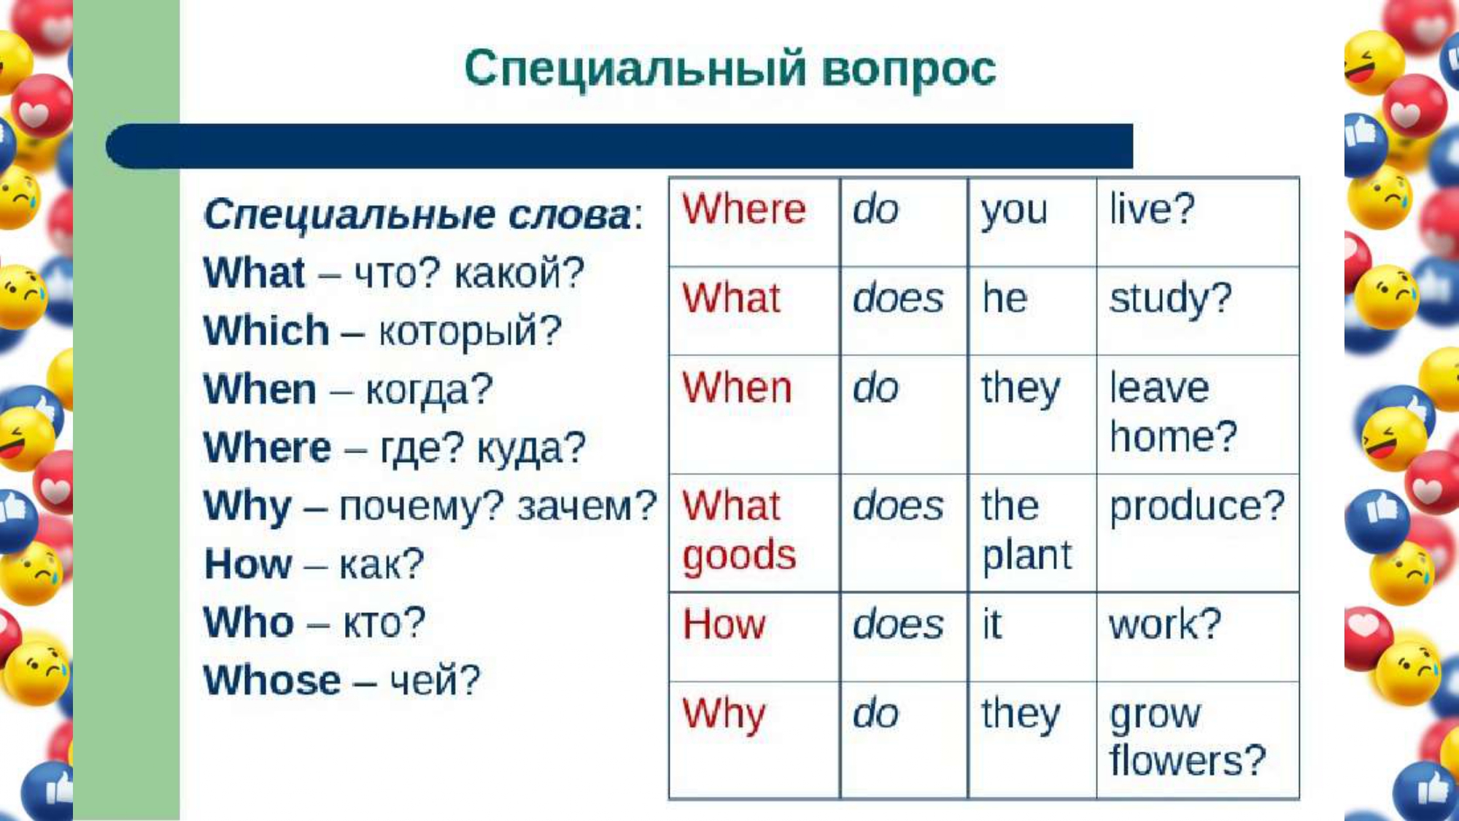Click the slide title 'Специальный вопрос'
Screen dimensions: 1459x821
click(730, 69)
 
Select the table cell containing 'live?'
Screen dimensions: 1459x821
click(1198, 222)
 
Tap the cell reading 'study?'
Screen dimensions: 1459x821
click(1198, 311)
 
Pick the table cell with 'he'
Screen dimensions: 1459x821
click(1032, 311)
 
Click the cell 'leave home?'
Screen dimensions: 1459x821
click(1198, 415)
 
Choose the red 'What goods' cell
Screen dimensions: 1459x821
click(754, 533)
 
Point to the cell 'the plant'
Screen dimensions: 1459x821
click(1032, 533)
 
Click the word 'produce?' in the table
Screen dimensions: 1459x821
click(1197, 506)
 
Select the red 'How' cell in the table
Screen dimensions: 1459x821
click(754, 637)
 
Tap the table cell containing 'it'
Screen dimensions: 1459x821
click(1032, 637)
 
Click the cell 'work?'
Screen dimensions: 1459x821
click(1198, 637)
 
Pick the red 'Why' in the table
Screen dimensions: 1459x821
click(724, 714)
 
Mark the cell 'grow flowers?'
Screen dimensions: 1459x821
click(1198, 740)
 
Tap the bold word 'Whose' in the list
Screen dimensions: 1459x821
click(272, 680)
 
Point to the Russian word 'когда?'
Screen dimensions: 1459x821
click(429, 390)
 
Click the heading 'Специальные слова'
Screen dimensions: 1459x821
click(418, 215)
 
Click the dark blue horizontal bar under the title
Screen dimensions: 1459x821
click(619, 146)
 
